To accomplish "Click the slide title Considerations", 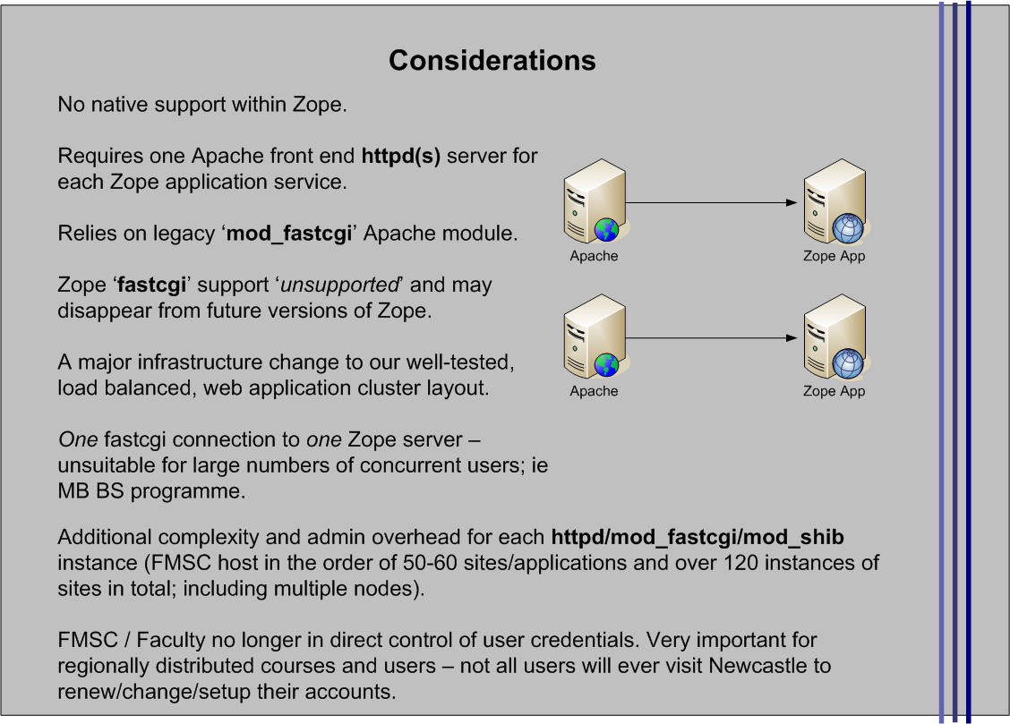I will click(492, 60).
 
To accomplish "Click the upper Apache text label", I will click(594, 256).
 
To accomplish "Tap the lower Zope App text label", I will click(834, 391).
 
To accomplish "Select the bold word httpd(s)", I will click(400, 157).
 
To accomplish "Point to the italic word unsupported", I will click(339, 285).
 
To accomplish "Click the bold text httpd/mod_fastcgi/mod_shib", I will click(698, 538).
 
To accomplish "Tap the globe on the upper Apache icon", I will click(606, 230).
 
